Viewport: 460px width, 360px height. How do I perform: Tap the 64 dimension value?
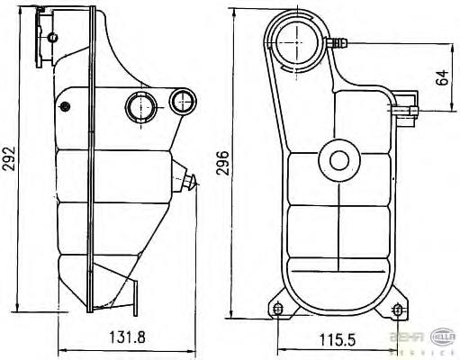pyautogui.click(x=442, y=76)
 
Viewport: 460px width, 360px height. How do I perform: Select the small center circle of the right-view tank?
pyautogui.click(x=339, y=161)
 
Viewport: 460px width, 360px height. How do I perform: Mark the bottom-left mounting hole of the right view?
pyautogui.click(x=277, y=310)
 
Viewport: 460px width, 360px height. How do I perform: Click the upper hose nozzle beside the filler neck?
pyautogui.click(x=339, y=41)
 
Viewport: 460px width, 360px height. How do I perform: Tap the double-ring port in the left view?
pyautogui.click(x=141, y=106)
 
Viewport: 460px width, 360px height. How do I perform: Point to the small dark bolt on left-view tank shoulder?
pyautogui.click(x=64, y=107)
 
